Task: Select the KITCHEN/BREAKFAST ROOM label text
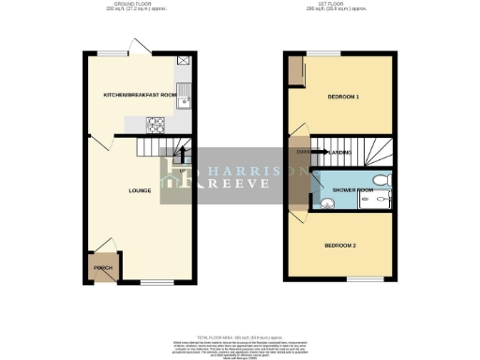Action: click(140, 95)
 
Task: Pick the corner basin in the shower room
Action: click(326, 201)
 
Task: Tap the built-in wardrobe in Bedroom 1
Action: click(295, 71)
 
